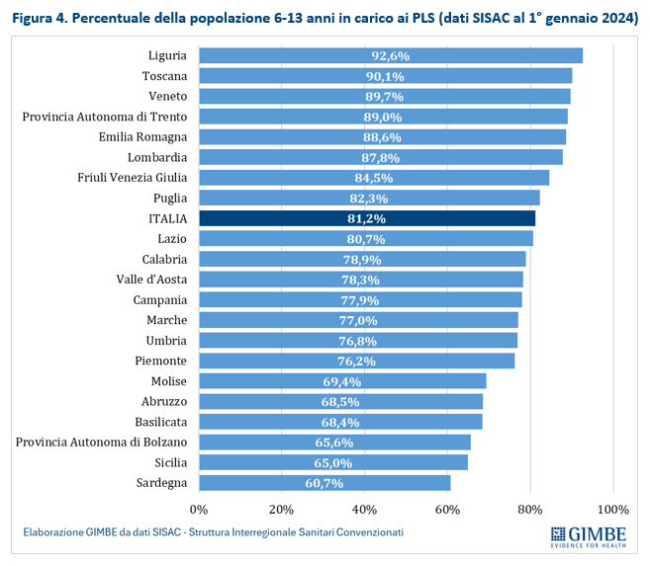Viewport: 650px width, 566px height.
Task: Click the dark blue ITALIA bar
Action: [x=366, y=218]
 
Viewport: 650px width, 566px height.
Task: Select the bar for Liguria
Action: [x=390, y=55]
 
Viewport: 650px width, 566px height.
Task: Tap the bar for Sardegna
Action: [x=325, y=483]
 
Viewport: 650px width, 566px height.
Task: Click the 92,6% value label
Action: [x=390, y=56]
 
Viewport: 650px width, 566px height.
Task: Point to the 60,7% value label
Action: [x=325, y=483]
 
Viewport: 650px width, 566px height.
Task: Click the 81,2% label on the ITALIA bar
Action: [x=366, y=218]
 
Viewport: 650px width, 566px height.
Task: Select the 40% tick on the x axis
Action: [x=365, y=510]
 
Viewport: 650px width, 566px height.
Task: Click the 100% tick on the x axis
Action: [x=612, y=510]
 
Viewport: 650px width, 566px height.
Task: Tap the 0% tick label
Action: [x=199, y=510]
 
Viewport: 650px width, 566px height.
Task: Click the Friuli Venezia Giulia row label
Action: [x=133, y=178]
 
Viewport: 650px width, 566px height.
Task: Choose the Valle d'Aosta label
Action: [x=151, y=280]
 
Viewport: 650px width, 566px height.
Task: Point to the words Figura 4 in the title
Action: [x=41, y=17]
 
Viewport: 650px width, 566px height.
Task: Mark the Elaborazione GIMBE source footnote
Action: [x=214, y=532]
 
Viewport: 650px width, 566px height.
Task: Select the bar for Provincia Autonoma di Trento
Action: [x=383, y=117]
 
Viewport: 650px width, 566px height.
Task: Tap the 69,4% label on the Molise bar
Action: [x=342, y=381]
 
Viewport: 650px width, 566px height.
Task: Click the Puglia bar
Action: [x=369, y=198]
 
